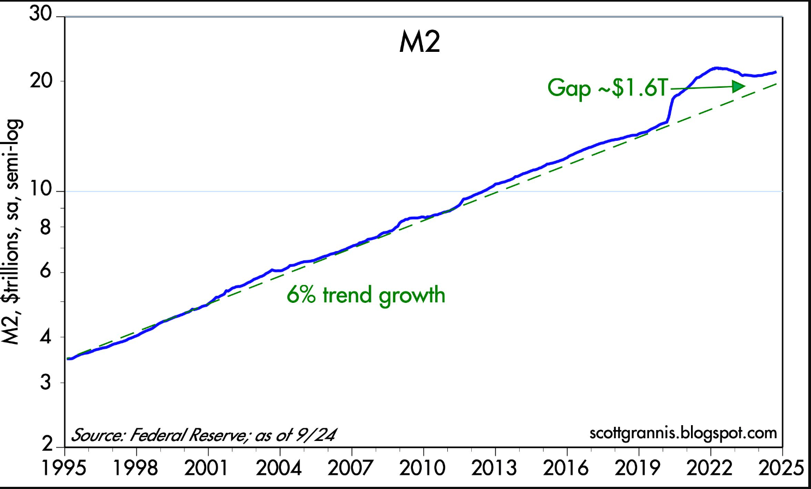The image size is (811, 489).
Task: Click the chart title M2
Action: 419,42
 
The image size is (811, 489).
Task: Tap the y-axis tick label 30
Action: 40,14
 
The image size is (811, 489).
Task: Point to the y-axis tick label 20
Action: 41,80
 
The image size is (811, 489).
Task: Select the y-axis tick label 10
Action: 41,189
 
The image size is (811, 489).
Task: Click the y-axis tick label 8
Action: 45,227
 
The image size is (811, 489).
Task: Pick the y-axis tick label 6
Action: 45,271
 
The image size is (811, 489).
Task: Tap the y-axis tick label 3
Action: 46,382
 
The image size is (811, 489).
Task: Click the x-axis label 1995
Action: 65,468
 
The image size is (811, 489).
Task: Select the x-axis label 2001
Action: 207,468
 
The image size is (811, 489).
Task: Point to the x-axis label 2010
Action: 423,468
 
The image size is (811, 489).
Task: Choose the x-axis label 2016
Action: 566,468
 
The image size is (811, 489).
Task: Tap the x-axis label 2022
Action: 710,468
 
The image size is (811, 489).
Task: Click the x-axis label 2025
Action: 781,468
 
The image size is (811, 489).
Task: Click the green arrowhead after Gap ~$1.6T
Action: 738,86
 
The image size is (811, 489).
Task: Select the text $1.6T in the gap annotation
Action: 639,87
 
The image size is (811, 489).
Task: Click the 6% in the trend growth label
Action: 301,295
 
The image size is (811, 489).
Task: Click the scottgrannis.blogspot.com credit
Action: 683,433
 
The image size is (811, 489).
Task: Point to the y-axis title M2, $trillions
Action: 12,273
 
